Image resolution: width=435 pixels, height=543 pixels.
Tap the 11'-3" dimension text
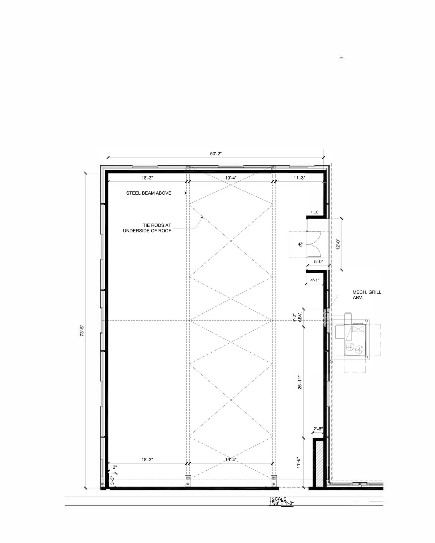(x=299, y=178)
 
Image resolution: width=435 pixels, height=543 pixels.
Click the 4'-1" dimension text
(x=315, y=280)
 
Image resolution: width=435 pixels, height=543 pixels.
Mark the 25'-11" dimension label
(x=300, y=382)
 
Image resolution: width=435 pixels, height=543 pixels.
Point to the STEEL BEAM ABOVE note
(x=149, y=193)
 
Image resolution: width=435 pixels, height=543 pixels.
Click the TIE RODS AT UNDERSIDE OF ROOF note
(x=147, y=228)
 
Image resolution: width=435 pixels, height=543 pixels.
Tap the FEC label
(x=315, y=212)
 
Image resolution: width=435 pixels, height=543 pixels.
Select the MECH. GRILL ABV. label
(x=367, y=295)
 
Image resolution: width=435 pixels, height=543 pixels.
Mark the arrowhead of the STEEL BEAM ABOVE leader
(x=186, y=193)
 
